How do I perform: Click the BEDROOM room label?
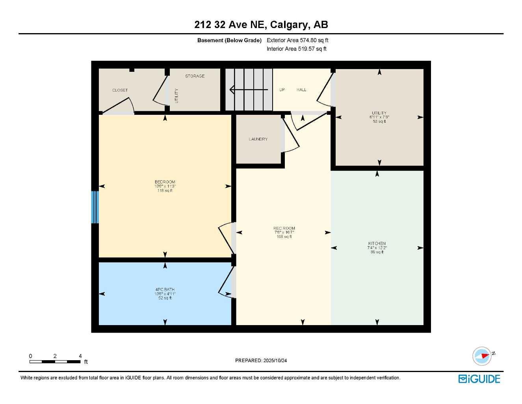coord(165,182)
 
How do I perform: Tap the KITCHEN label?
coord(377,243)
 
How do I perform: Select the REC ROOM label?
coord(284,228)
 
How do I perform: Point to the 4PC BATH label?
coord(165,290)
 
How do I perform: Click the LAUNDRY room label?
coord(258,139)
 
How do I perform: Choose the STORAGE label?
coord(195,76)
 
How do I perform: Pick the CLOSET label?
coord(120,90)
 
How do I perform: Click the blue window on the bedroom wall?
coord(95,207)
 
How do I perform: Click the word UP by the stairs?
coord(282,90)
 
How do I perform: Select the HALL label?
coord(301,90)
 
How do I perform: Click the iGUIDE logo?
coord(479,379)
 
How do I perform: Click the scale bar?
coord(55,361)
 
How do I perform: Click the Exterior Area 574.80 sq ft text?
coord(297,40)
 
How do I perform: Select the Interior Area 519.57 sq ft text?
coord(297,49)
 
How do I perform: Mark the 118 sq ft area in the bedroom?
coord(165,191)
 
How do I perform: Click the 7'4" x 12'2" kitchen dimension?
coord(377,248)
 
